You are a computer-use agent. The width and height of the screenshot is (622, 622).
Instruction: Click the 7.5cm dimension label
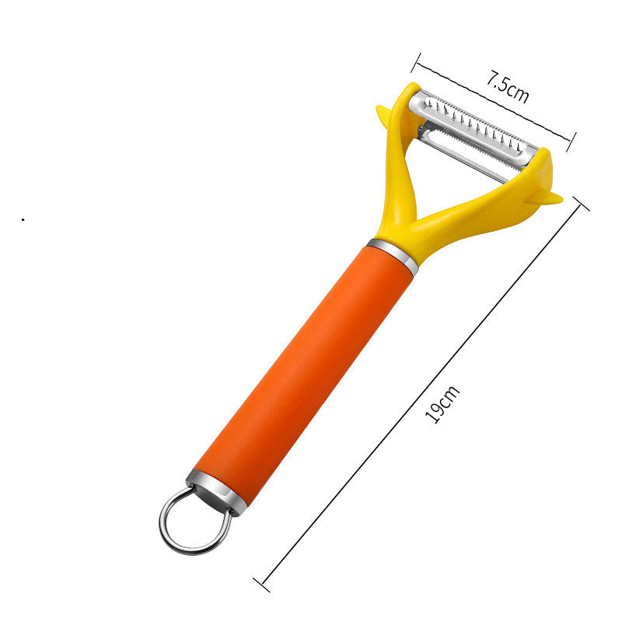(508, 88)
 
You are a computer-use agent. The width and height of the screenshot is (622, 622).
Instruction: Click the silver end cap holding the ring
(218, 491)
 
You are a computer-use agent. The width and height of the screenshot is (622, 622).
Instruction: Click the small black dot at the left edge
(23, 220)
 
